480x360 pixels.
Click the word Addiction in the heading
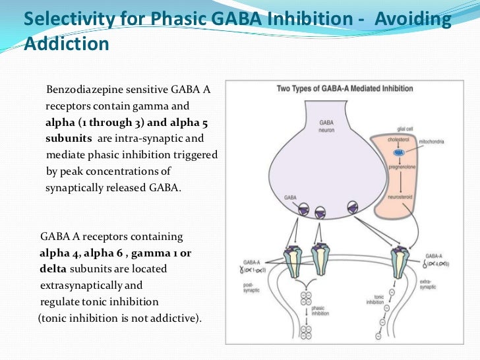66,44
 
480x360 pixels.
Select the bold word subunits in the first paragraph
69,139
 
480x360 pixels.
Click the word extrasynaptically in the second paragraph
86,285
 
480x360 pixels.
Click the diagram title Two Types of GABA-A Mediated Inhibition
345,88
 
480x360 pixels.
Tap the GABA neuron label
326,126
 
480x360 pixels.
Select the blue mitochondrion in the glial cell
399,152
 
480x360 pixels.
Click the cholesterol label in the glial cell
399,140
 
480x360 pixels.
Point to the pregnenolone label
399,167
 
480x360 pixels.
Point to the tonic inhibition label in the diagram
375,300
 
